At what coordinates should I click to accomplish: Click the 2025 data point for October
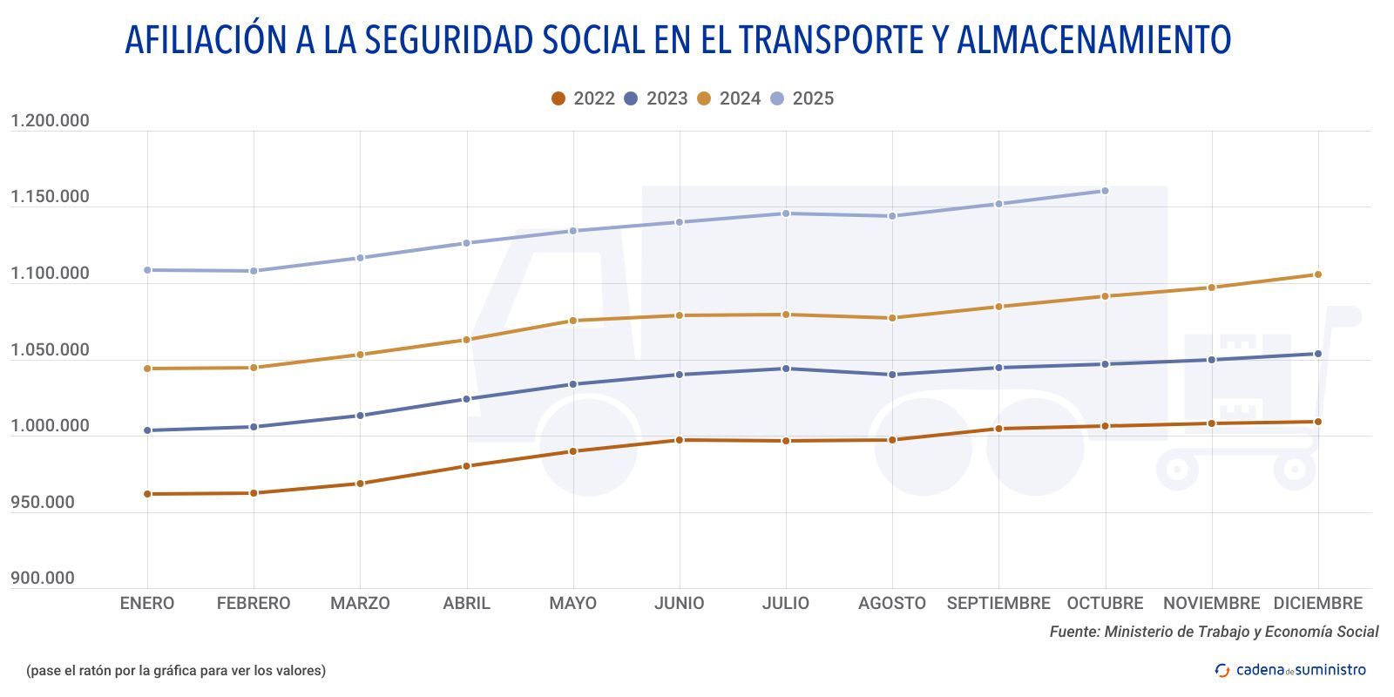point(1105,191)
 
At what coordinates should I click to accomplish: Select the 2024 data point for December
point(1317,274)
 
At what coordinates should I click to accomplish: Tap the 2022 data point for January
point(147,494)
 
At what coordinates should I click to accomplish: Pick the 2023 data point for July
point(786,369)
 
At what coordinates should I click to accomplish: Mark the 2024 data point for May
point(573,321)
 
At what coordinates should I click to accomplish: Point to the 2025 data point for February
point(254,271)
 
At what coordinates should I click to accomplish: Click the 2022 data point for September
point(998,429)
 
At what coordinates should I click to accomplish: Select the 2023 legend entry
point(657,98)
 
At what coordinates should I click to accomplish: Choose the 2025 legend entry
point(802,98)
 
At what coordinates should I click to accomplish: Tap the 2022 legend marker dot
point(558,98)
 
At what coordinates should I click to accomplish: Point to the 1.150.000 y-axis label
point(50,197)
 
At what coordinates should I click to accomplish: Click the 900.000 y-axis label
point(43,579)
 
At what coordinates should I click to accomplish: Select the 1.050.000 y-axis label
point(50,350)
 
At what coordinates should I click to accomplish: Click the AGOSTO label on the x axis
point(891,603)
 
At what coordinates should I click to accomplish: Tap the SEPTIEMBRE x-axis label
point(998,603)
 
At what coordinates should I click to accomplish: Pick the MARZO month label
point(360,603)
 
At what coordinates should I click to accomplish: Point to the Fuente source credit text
point(1214,632)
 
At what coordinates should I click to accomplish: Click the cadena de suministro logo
point(1291,670)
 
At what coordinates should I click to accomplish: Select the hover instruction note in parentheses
point(176,670)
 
